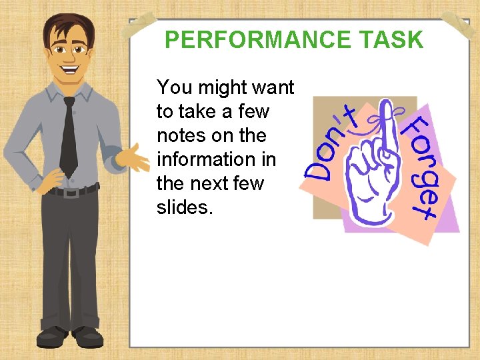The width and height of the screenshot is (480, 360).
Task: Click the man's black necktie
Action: [68, 137]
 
